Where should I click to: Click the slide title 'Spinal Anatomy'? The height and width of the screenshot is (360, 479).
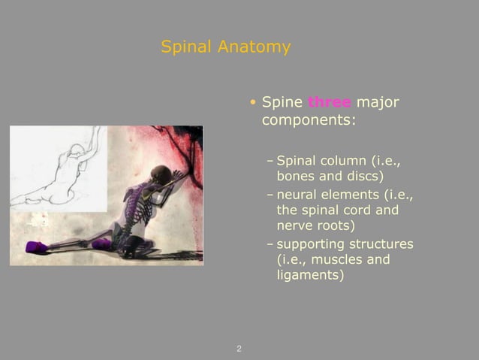tap(225, 47)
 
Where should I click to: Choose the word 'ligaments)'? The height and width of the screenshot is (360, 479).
tap(310, 276)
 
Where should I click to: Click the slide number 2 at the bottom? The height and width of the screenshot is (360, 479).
tap(239, 349)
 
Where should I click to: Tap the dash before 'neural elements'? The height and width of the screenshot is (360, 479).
tap(270, 195)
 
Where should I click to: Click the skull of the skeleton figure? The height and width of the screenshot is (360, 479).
tap(160, 174)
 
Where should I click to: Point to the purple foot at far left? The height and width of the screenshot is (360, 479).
tap(35, 247)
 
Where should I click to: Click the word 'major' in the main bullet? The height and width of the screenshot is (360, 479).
tap(378, 102)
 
